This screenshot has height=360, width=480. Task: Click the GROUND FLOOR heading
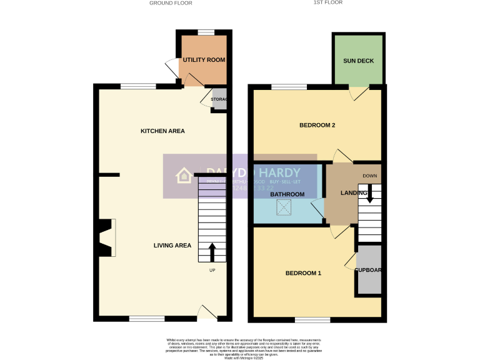click(x=171, y=3)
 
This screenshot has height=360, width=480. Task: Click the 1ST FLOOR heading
click(x=328, y=2)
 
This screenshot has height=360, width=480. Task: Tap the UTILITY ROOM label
click(x=204, y=60)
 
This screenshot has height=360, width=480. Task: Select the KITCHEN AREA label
click(x=162, y=131)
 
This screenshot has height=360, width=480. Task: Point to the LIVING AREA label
click(x=172, y=246)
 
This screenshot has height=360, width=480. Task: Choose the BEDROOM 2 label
click(x=317, y=126)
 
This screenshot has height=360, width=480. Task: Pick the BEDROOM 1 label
click(x=303, y=273)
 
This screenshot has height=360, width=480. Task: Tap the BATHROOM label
click(x=287, y=194)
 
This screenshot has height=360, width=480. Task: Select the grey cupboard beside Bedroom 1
click(x=368, y=270)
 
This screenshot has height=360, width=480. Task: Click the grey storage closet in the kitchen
click(x=219, y=99)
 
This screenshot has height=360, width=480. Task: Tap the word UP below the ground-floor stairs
click(x=212, y=271)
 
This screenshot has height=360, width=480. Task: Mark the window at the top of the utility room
click(x=206, y=32)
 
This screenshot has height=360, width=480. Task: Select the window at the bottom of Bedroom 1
click(x=312, y=319)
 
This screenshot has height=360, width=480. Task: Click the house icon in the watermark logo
click(x=184, y=176)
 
